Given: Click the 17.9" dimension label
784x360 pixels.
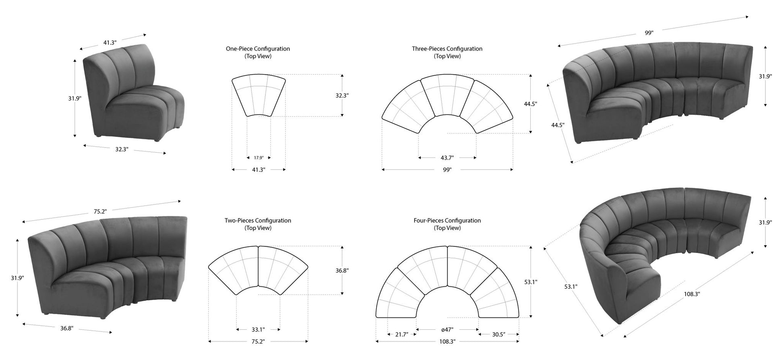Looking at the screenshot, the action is point(259,158).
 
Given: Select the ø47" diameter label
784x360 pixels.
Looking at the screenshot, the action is point(447,329).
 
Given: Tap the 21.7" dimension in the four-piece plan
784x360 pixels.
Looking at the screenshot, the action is point(402,334).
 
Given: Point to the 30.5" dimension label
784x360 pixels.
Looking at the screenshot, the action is point(498,334).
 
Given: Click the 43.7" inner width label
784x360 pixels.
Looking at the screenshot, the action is point(447,158).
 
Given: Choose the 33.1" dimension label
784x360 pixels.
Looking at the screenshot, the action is point(258,329).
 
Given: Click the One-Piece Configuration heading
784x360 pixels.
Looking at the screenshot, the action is point(258,49).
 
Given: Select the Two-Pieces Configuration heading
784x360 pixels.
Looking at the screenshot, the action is point(258,221).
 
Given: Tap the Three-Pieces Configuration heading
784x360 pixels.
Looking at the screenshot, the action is point(447,49).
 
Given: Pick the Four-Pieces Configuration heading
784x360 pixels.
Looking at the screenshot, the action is point(447,221).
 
